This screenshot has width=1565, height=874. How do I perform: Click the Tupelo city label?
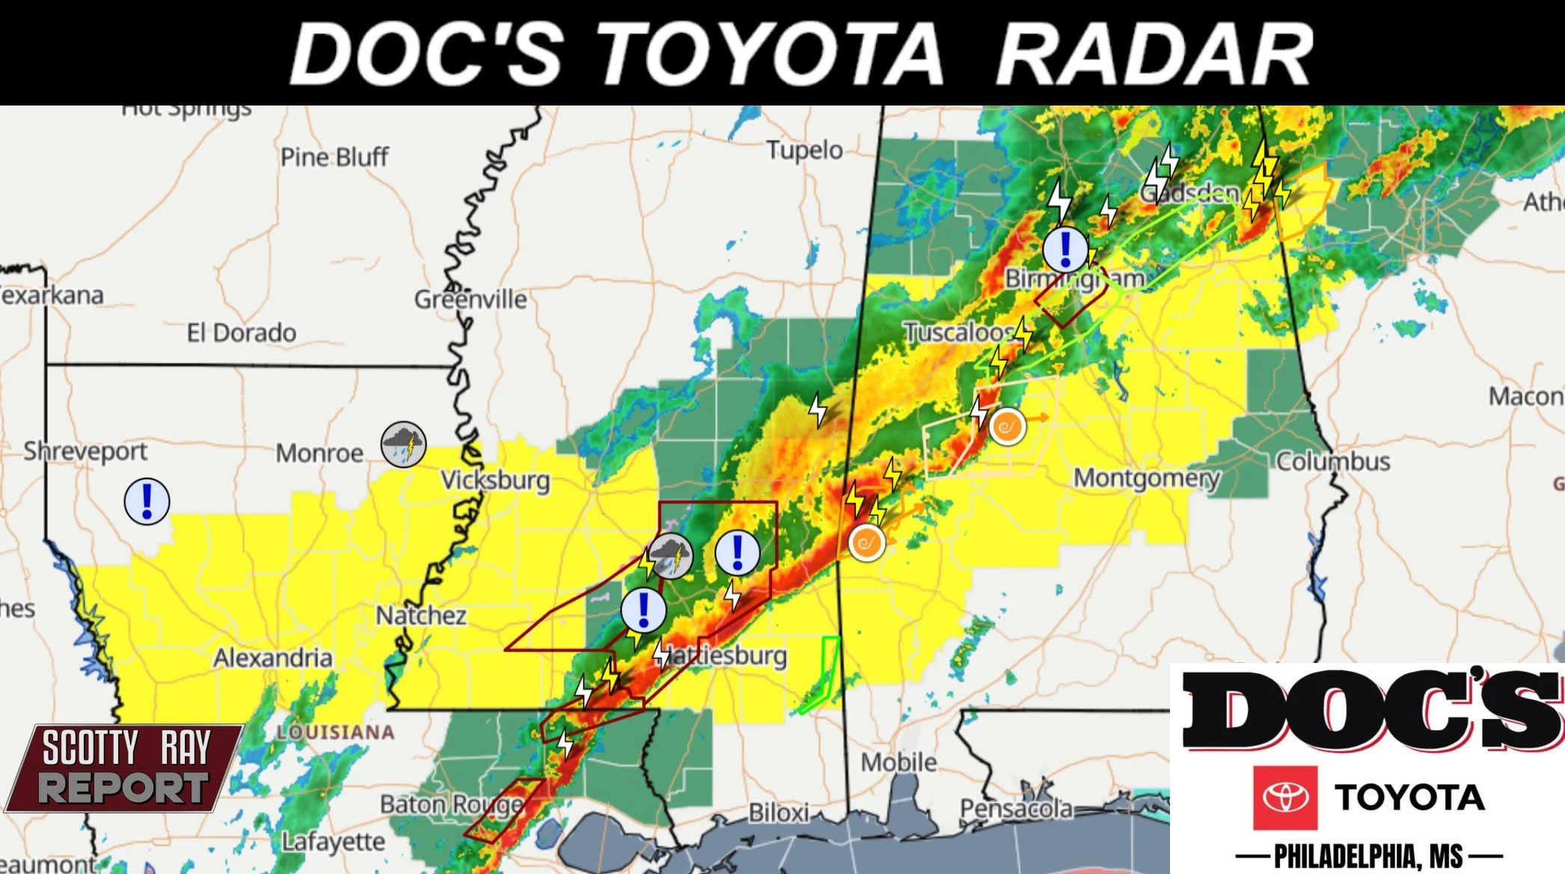click(x=804, y=150)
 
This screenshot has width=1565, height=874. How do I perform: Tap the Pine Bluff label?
click(x=334, y=157)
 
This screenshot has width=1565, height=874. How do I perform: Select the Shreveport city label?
click(x=85, y=451)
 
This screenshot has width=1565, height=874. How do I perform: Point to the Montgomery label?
click(x=1146, y=477)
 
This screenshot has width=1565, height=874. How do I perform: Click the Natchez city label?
click(x=421, y=615)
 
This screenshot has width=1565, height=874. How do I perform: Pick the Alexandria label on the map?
click(x=272, y=658)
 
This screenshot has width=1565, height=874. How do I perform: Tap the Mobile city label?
click(x=898, y=762)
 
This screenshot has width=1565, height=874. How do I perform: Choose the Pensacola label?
click(x=1016, y=808)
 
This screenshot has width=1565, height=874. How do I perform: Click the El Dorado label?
click(x=242, y=332)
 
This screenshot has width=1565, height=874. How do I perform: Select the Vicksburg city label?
click(x=495, y=480)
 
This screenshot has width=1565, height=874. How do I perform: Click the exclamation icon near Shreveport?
click(x=147, y=501)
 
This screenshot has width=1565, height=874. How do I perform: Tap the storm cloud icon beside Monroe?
click(x=403, y=444)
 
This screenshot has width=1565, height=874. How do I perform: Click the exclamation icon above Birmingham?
click(x=1065, y=249)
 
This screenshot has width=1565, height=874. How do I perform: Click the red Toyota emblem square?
click(x=1285, y=798)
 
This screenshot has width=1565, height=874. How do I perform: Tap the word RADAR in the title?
click(x=1154, y=54)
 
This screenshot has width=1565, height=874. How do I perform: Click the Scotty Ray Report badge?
click(x=123, y=768)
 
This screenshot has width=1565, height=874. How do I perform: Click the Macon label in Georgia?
click(x=1525, y=396)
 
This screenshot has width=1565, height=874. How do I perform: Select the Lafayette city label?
click(x=333, y=842)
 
